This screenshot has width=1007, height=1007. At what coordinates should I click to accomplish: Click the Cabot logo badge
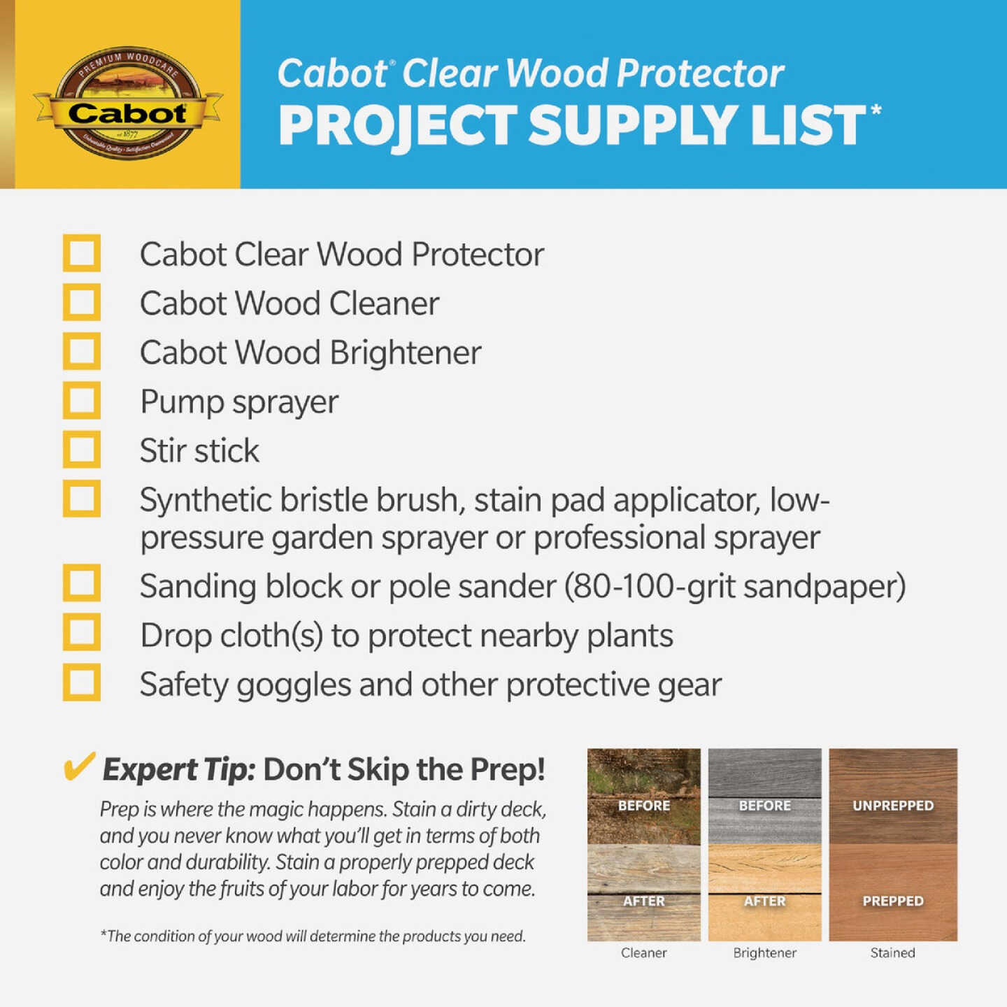tap(127, 103)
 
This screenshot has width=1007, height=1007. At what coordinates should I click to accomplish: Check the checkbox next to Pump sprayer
tap(82, 401)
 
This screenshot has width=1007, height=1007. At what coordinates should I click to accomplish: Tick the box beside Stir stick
tap(82, 450)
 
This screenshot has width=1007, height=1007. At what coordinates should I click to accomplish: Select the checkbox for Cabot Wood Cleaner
tap(82, 302)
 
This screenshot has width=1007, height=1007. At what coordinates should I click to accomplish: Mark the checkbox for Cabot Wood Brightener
tap(82, 351)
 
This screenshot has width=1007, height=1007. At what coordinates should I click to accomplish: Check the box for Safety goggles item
tap(82, 683)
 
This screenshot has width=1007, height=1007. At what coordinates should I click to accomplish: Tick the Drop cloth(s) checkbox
tap(82, 633)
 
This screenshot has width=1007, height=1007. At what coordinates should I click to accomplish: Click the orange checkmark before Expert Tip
tap(78, 767)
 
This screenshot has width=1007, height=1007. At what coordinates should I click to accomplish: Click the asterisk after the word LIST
tap(876, 110)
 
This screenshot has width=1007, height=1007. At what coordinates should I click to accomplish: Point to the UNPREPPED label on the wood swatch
tap(893, 806)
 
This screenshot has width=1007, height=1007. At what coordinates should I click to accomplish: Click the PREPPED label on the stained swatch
tap(893, 901)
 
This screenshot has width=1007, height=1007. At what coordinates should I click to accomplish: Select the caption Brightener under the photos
tap(764, 952)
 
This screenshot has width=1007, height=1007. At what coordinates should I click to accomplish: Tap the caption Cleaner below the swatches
tap(643, 952)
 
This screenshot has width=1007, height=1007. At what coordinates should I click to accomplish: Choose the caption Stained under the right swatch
tap(892, 952)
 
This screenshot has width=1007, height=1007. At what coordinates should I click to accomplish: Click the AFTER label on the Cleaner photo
tap(643, 901)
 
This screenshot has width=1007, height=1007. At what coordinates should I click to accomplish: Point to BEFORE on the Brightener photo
tap(764, 806)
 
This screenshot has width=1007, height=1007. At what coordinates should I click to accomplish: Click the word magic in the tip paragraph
tap(277, 809)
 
